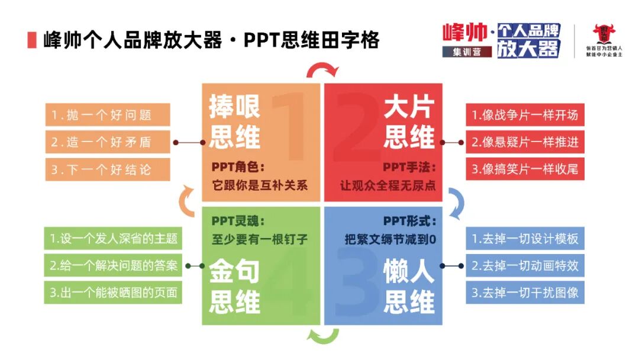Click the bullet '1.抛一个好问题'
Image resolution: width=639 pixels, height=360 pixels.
[x=108, y=115]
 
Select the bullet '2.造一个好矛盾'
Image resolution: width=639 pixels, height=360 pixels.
[x=108, y=142]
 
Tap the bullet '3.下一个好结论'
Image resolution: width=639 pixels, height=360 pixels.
[x=108, y=169]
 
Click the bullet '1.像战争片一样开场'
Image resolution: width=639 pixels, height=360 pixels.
[x=525, y=115]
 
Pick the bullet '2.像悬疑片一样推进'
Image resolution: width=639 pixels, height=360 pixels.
[x=525, y=142]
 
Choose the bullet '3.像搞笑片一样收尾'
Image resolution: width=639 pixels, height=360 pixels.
[x=525, y=169]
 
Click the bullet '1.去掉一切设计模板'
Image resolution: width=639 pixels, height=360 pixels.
[x=525, y=239]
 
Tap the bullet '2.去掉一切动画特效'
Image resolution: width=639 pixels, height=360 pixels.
[x=525, y=266]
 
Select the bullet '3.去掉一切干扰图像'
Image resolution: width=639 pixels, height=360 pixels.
[x=525, y=292]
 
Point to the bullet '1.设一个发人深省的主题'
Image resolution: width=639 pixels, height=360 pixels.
[x=114, y=239]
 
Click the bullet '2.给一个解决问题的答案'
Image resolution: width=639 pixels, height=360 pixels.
[x=114, y=266]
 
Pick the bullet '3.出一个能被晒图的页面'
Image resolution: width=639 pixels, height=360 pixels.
[x=114, y=292]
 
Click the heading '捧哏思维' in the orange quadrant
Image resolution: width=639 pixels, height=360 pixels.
[x=234, y=123]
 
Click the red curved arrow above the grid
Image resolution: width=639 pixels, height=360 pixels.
[x=322, y=69]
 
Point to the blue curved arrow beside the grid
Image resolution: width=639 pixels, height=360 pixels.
[x=456, y=202]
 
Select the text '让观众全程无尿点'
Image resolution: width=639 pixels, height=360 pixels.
[x=388, y=185]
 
